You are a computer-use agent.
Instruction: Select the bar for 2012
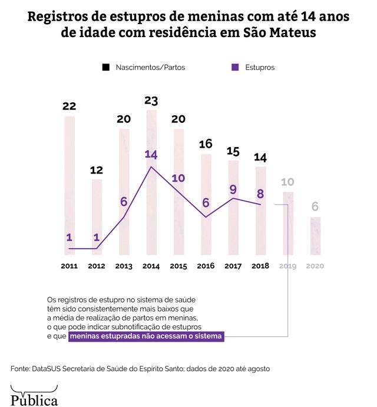click(x=97, y=218)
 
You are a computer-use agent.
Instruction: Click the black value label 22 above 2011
click(x=70, y=106)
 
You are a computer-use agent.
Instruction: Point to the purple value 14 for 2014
click(x=151, y=155)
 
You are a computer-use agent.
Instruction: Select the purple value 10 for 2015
click(x=178, y=178)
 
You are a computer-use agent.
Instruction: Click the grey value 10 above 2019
click(x=287, y=182)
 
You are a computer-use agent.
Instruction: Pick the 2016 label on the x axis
click(x=206, y=266)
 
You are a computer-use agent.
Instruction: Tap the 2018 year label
click(x=260, y=266)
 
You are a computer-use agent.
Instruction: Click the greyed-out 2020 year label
click(x=315, y=266)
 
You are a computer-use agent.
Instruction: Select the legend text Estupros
click(x=260, y=68)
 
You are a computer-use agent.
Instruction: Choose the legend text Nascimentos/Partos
click(x=151, y=68)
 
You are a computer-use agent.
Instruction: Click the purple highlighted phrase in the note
click(x=145, y=337)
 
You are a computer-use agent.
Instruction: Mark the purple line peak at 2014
click(x=151, y=167)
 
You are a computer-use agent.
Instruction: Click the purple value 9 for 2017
click(x=233, y=189)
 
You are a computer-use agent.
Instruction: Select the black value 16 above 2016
click(x=206, y=144)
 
